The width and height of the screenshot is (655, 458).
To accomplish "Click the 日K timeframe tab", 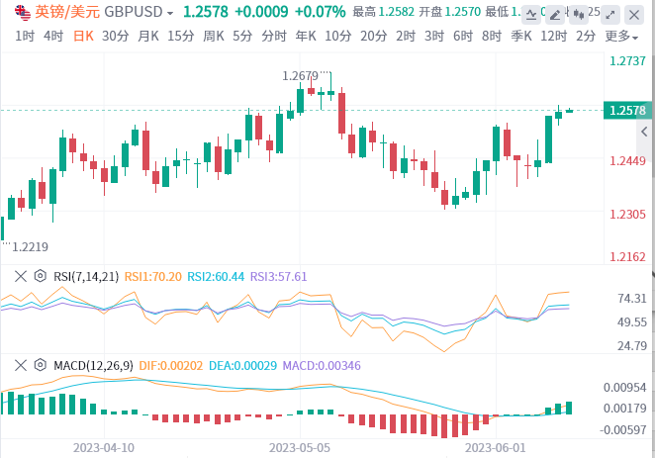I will (84, 36).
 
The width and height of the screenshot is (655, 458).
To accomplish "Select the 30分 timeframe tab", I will (115, 36).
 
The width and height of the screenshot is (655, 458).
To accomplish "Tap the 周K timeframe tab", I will (214, 36).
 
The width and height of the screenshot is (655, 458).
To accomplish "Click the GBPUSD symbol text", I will (135, 12).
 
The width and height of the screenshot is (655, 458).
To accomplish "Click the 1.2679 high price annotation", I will (301, 75).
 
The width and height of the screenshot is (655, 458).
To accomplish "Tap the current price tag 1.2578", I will (628, 111).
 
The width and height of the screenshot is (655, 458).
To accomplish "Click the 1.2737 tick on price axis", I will (629, 60).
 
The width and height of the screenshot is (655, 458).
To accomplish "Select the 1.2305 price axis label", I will (629, 214).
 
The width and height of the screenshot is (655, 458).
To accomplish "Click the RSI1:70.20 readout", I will (154, 277).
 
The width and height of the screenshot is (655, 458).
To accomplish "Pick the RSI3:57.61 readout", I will (278, 277).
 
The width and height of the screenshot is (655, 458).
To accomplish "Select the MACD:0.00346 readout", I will (323, 366).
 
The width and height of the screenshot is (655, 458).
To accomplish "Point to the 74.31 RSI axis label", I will (631, 298).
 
